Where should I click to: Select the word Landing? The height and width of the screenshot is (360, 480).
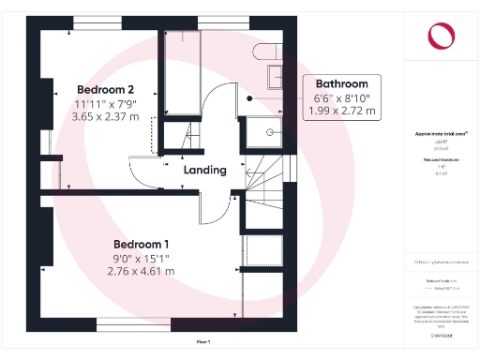pyautogui.click(x=204, y=171)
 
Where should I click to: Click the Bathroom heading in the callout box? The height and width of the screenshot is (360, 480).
pyautogui.click(x=347, y=82)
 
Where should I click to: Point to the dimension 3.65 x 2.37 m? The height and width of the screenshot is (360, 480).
pyautogui.click(x=106, y=117)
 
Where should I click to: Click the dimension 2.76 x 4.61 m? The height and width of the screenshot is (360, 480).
pyautogui.click(x=141, y=272)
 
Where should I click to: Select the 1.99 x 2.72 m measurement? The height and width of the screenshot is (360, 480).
pyautogui.click(x=347, y=112)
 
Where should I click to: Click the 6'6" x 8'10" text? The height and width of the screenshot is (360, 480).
pyautogui.click(x=347, y=97)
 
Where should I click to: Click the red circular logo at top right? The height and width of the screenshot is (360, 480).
pyautogui.click(x=440, y=37)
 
